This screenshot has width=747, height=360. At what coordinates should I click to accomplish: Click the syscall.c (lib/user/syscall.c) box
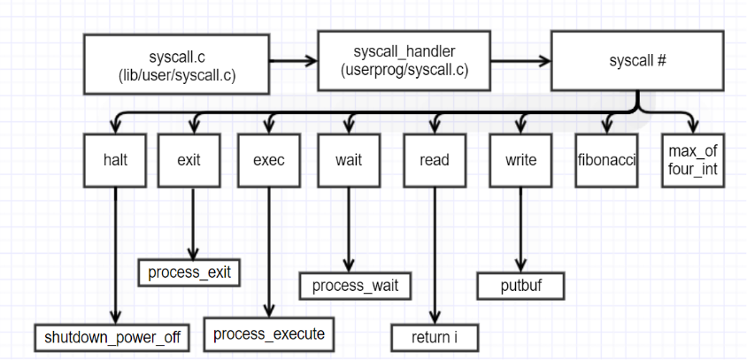[175, 65]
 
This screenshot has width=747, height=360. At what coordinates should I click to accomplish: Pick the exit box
[189, 160]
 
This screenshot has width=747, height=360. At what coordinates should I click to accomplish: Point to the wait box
[348, 160]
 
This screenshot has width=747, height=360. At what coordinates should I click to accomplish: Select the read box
[434, 160]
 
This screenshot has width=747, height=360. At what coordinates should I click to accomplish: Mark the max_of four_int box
[693, 160]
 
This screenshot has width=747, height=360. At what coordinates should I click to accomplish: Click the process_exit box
[189, 272]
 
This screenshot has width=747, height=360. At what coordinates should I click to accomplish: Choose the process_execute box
[269, 334]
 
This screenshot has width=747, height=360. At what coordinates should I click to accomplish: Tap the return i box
[434, 337]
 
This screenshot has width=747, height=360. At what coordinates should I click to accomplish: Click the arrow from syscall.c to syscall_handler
[292, 62]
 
